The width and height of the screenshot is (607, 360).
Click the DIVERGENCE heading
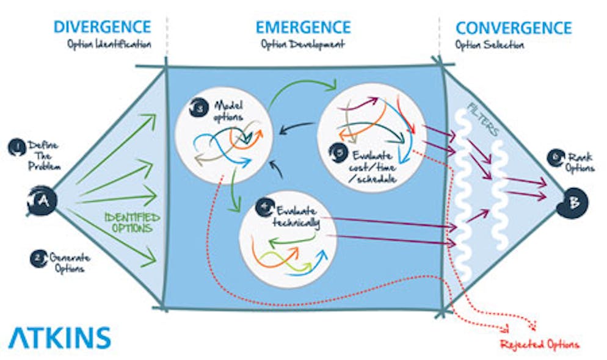(x=102, y=27)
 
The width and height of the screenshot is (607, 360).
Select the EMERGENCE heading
(x=303, y=27)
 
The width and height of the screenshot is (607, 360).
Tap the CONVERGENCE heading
(x=513, y=27)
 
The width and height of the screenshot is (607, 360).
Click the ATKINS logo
(x=60, y=337)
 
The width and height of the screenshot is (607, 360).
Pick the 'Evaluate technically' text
(x=297, y=216)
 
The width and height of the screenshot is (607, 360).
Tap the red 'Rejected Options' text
(x=539, y=345)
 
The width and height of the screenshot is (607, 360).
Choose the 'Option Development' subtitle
(x=303, y=45)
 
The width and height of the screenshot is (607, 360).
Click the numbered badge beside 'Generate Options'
(x=37, y=258)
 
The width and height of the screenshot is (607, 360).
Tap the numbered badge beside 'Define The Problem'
(x=15, y=146)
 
